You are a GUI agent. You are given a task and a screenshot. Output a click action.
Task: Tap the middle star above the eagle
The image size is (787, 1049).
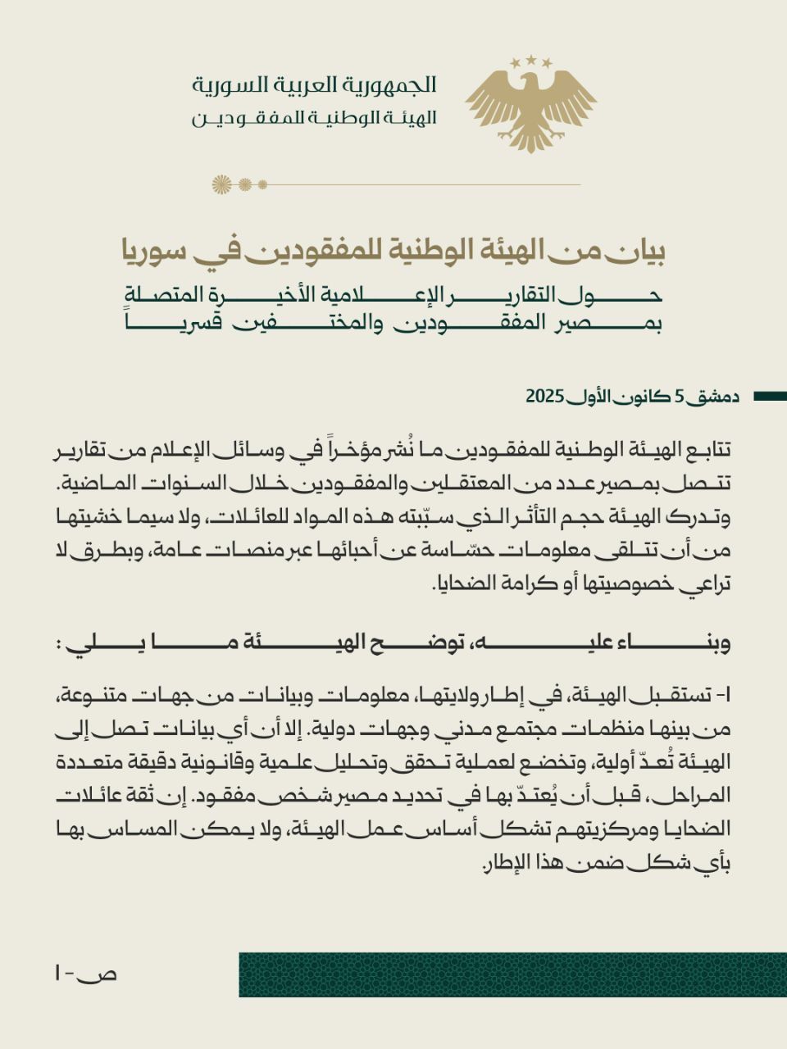530,60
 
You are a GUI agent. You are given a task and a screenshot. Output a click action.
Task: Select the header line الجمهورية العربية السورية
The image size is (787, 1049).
314,84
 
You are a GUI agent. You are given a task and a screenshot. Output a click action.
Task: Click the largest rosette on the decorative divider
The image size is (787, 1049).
221,184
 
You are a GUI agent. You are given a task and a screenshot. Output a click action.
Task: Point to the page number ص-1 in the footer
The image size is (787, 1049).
85,974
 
